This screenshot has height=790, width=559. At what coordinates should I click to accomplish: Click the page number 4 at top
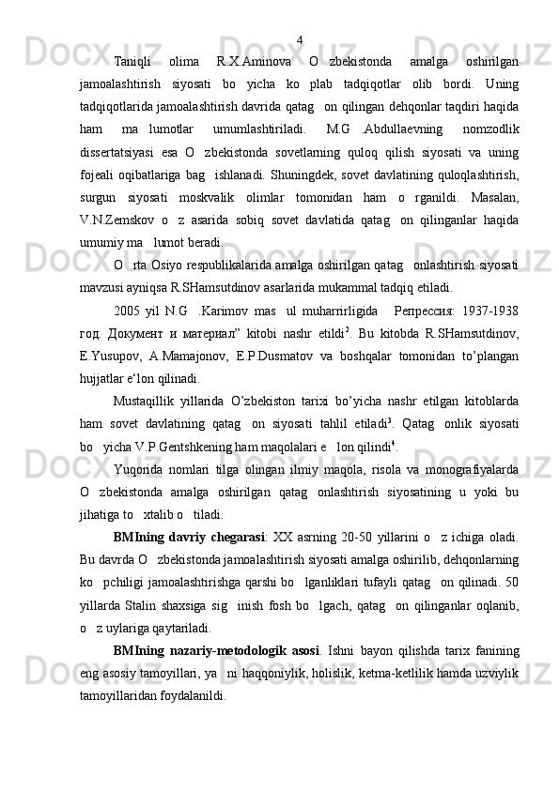point(299,39)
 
